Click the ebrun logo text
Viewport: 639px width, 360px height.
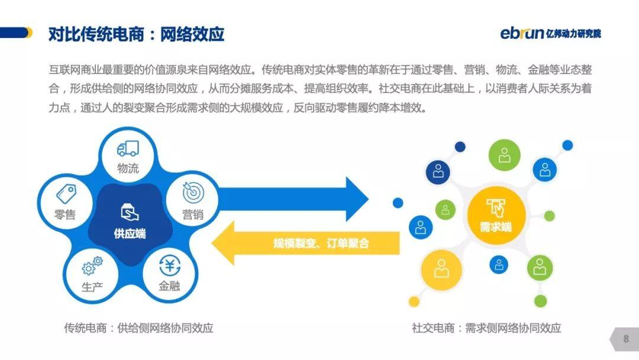[x=522, y=33]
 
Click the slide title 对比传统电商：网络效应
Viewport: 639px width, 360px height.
[x=136, y=34]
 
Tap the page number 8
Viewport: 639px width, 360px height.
[x=626, y=339]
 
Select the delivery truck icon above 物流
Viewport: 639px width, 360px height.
[x=128, y=149]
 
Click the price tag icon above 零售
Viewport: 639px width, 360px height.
[x=66, y=194]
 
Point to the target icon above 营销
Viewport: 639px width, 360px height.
[x=193, y=192]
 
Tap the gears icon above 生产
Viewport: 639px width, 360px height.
[x=92, y=266]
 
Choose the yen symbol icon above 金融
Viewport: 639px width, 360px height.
[x=170, y=266]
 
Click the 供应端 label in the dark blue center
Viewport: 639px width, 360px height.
[x=130, y=234]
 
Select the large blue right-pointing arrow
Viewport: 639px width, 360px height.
[x=293, y=199]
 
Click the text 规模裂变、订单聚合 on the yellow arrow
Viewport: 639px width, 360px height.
[x=321, y=243]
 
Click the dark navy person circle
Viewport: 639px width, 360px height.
[x=438, y=171]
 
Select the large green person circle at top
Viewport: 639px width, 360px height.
[x=505, y=155]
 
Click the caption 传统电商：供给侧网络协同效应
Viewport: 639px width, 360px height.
[x=138, y=328]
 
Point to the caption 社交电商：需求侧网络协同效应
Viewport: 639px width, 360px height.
[x=486, y=328]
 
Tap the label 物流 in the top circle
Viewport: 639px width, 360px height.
[x=128, y=168]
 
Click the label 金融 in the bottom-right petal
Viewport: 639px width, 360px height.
[x=169, y=286]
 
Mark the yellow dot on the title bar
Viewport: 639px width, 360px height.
[x=29, y=33]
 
